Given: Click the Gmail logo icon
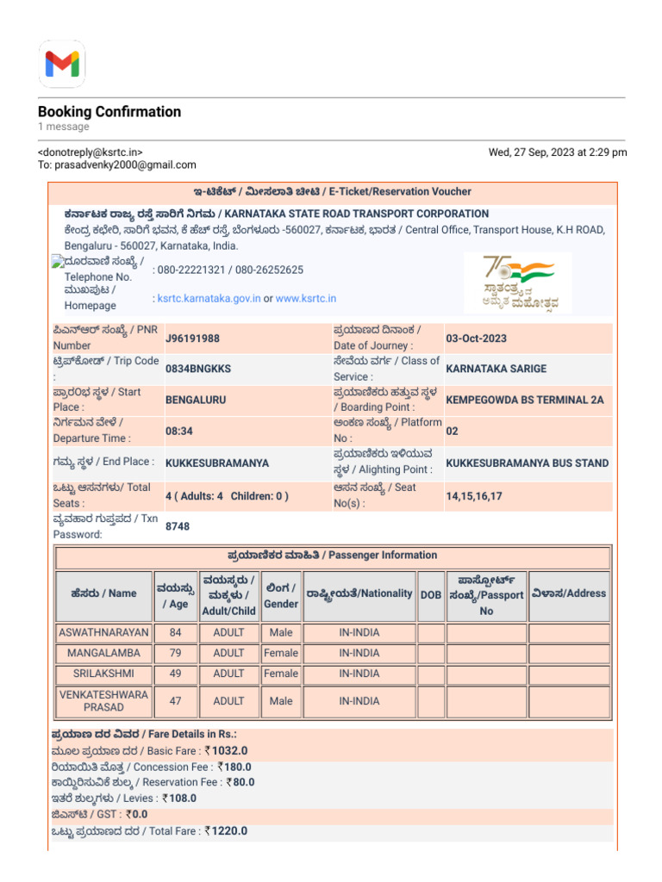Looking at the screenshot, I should [x=61, y=63].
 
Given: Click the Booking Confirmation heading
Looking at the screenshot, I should [x=109, y=112].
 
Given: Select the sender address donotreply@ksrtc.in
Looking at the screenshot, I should [x=91, y=152].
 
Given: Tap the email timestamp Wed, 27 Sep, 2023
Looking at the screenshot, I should [x=558, y=152].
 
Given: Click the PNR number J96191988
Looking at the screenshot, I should [x=192, y=338].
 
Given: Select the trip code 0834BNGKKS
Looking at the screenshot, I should [x=198, y=369].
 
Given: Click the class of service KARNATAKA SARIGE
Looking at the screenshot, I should [x=496, y=369].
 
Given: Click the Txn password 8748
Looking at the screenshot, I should [x=178, y=526].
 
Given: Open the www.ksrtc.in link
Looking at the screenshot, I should [x=306, y=299].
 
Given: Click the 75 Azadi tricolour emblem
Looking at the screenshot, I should [x=517, y=282].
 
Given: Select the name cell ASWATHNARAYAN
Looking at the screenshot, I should [x=103, y=633].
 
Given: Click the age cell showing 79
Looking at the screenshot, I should [x=176, y=654].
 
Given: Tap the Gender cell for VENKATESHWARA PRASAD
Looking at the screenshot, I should [x=281, y=701].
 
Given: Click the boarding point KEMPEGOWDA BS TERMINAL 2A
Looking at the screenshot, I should [x=524, y=400].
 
